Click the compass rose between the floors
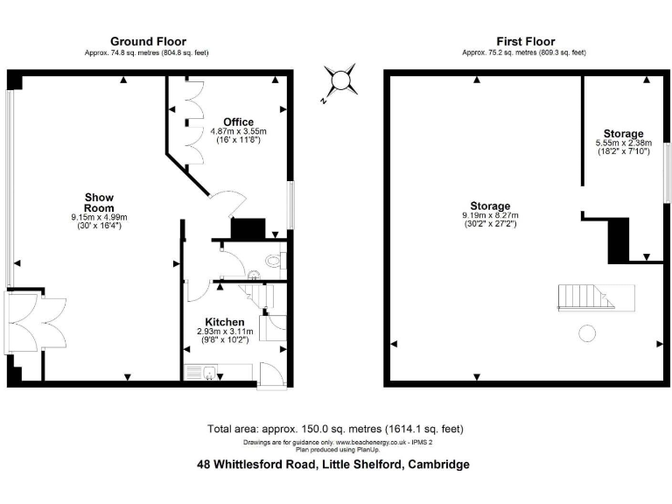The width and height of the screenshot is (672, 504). tap(339, 82)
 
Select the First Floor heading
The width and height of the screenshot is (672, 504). tap(525, 41)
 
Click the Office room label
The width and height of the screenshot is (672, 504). tap(238, 122)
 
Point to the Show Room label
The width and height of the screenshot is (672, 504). tap(99, 202)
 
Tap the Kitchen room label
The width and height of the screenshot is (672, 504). tap(224, 321)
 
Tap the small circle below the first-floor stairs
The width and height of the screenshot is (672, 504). tap(587, 332)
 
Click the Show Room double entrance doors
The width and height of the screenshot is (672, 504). tap(37, 324)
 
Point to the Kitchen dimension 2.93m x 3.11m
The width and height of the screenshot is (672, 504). tap(223, 332)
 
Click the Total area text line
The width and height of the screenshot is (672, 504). tap(335, 429)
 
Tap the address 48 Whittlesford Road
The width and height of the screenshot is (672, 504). tap(333, 465)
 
